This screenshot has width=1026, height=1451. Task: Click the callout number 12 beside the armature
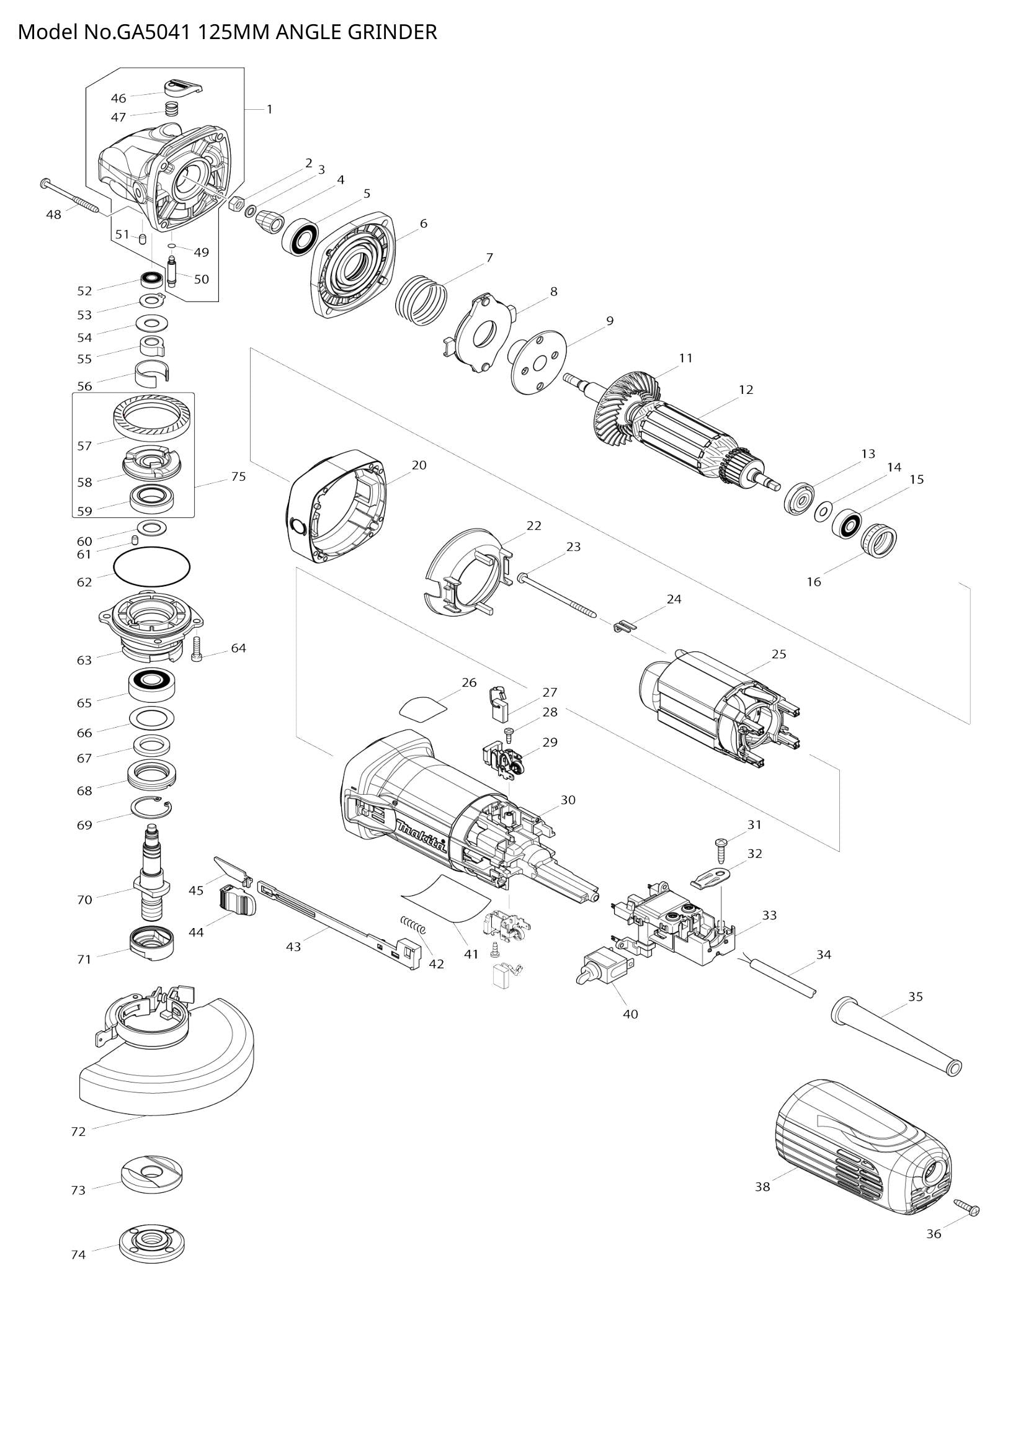(x=746, y=390)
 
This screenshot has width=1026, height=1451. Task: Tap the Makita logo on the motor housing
(x=422, y=838)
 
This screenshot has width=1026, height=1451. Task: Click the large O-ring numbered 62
(x=151, y=565)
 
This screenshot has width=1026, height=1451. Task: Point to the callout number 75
(x=238, y=476)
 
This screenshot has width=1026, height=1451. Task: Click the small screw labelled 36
(x=967, y=1208)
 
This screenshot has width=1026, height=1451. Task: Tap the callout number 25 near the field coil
(x=779, y=654)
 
